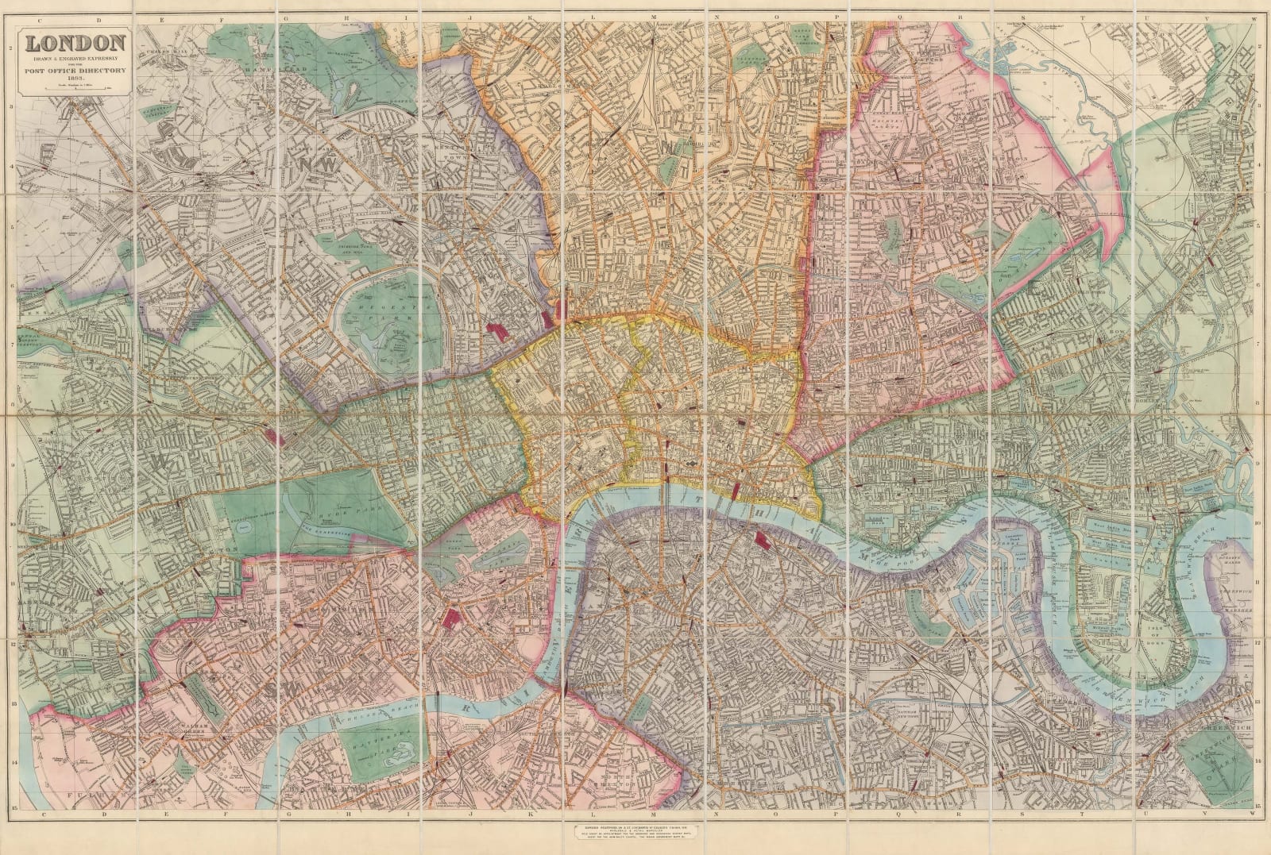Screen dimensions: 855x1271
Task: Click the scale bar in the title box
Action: pos(76,91)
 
